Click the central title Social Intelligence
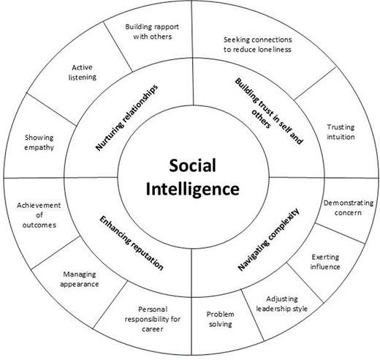click(192, 177)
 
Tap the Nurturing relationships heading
click(126, 118)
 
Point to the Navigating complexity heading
click(268, 239)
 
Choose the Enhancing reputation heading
click(132, 243)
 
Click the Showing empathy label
click(39, 143)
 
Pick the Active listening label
click(83, 72)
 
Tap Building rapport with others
click(152, 31)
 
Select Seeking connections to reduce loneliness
click(257, 45)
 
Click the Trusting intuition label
click(341, 132)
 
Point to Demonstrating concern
click(348, 208)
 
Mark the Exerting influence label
click(325, 262)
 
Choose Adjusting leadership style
click(281, 304)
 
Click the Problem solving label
click(221, 319)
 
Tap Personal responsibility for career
click(153, 319)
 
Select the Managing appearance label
click(80, 280)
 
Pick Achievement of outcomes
click(39, 215)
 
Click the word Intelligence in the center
click(192, 190)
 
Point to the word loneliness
click(274, 50)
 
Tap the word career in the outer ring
click(153, 329)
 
